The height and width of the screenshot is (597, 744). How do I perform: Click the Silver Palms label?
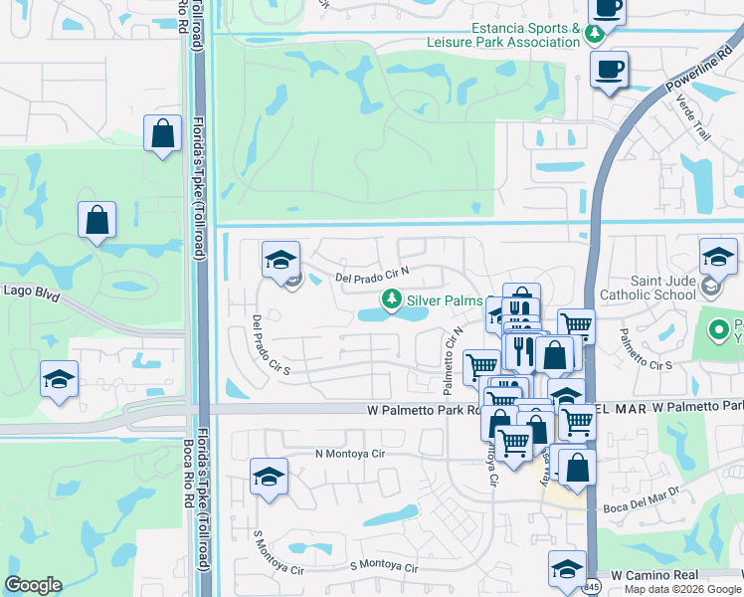[445, 300]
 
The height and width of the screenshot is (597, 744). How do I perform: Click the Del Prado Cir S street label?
[270, 343]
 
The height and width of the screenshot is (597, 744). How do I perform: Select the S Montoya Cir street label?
[386, 567]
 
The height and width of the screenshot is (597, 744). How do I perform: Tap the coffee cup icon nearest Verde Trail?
[609, 70]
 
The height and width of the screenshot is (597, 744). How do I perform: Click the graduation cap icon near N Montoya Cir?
[269, 477]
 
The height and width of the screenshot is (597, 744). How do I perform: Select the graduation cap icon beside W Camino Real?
[567, 568]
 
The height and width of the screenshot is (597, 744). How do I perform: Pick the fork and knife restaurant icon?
[523, 350]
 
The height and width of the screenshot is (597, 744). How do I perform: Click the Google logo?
[33, 586]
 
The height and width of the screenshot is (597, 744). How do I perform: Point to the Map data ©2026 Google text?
[682, 589]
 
